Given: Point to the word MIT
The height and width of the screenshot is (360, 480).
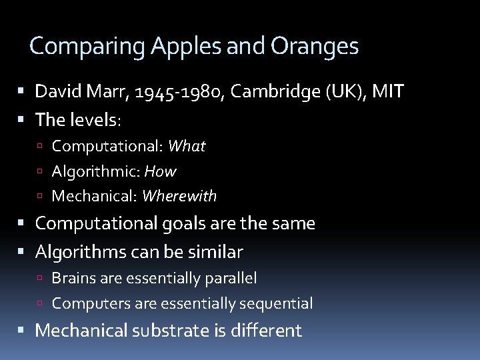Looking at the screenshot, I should pos(388,91).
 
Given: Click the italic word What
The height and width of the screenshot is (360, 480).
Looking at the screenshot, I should pos(187,146).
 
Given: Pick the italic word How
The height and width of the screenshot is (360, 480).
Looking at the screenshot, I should pos(160,171).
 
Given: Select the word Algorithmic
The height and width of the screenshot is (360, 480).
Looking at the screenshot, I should pos(93,171).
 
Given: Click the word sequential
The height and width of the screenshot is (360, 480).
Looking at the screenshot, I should pos(277,303).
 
